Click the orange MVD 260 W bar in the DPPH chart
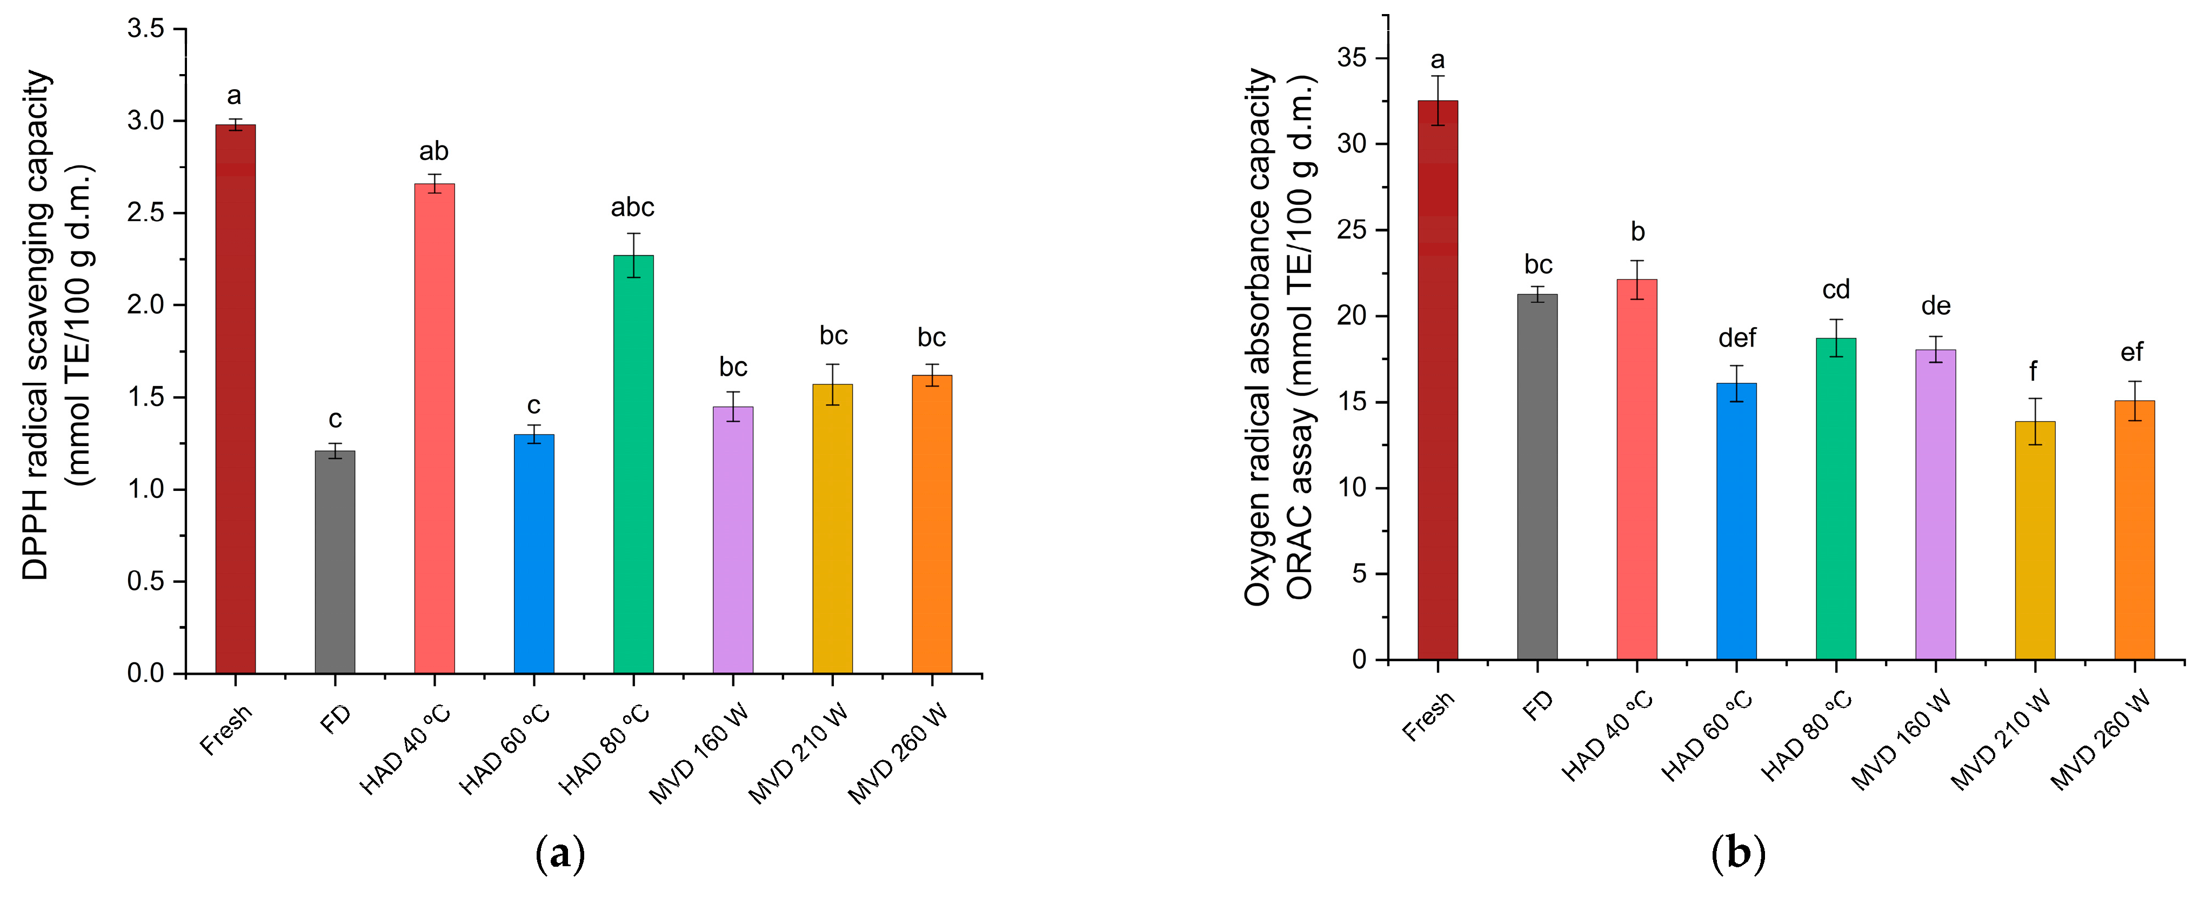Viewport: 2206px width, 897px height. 932,523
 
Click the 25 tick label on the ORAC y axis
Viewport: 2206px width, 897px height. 1352,230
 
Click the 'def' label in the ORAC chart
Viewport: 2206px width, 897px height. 1737,338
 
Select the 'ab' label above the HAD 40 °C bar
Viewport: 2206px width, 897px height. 433,151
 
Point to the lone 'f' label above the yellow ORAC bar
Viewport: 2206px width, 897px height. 2033,372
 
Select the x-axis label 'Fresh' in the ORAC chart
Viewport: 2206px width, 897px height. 1428,715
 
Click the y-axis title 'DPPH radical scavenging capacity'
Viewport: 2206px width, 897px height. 36,325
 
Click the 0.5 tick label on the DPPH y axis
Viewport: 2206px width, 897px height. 145,582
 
